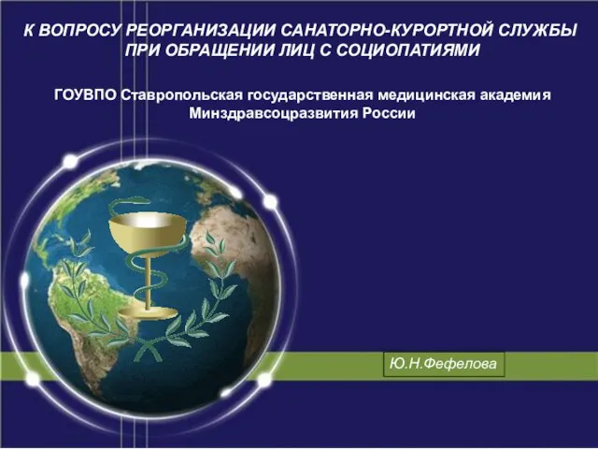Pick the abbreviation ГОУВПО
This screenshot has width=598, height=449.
pyautogui.click(x=85, y=94)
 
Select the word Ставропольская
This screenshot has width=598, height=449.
pyautogui.click(x=182, y=95)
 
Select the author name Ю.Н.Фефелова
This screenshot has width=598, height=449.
pyautogui.click(x=444, y=364)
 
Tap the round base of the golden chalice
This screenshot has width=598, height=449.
pyautogui.click(x=148, y=314)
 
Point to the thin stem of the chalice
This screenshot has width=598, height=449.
pyautogui.click(x=148, y=281)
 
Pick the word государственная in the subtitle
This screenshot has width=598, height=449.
pyautogui.click(x=310, y=95)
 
